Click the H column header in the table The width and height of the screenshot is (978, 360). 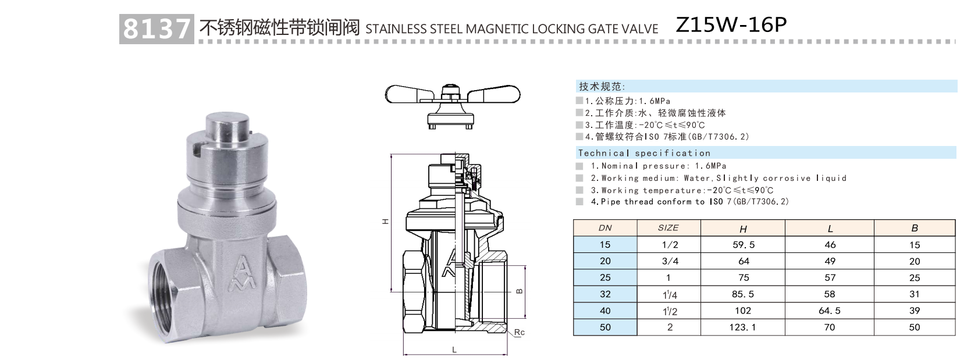coord(743,229)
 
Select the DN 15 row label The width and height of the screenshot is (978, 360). coord(605,245)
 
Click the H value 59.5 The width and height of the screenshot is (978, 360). coord(743,245)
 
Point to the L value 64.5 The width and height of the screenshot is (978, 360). coord(830,311)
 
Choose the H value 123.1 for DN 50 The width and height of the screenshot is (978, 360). coord(743,327)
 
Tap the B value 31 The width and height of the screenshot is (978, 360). coord(914,294)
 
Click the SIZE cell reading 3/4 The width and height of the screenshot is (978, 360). coord(670,261)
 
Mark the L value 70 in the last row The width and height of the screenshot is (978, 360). coord(830,327)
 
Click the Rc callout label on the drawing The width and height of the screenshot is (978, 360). coord(520,333)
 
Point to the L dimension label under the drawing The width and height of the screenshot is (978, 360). coord(454,350)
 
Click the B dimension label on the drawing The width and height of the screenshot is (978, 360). coord(520,291)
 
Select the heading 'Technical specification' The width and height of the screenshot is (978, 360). coord(644,153)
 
